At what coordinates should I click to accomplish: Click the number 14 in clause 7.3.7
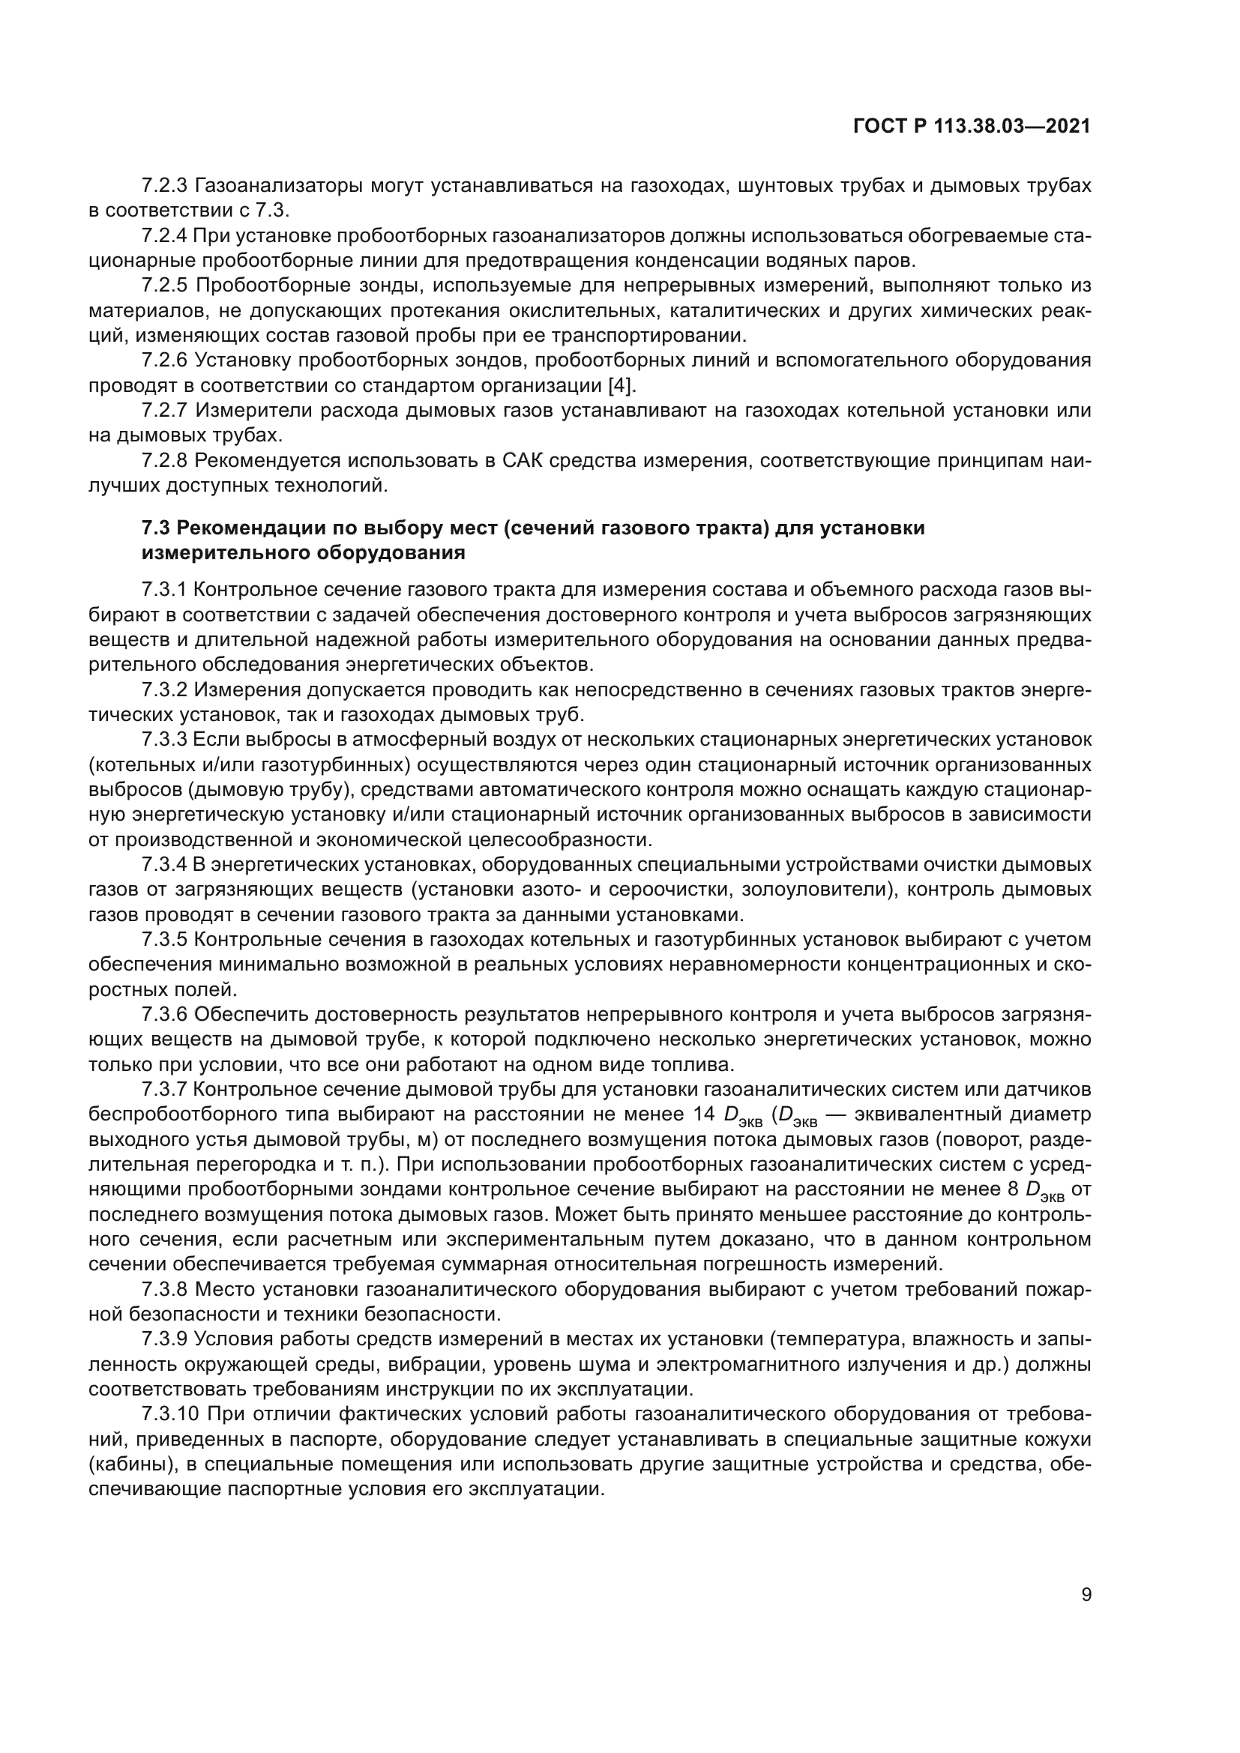pos(703,1114)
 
